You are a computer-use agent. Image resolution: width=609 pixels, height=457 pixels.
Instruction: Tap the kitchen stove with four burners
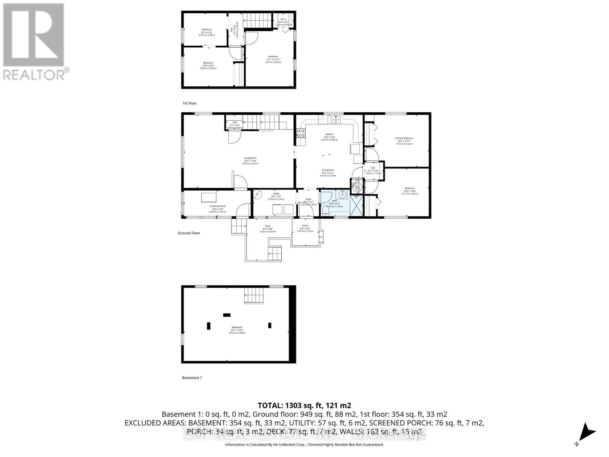click(x=301, y=133)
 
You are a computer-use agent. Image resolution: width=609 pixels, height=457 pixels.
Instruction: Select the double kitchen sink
click(x=335, y=120)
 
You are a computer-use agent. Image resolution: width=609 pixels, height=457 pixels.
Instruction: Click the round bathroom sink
click(x=344, y=195)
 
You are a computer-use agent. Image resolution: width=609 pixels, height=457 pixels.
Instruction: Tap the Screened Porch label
click(x=217, y=208)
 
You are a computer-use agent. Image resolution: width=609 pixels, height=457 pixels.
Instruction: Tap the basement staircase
click(x=254, y=296)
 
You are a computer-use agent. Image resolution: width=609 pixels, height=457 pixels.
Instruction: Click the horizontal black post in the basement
click(x=227, y=315)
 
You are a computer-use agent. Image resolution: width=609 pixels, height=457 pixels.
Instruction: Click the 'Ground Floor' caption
click(x=189, y=233)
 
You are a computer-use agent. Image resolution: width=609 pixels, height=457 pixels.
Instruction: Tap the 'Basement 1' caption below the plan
click(x=192, y=378)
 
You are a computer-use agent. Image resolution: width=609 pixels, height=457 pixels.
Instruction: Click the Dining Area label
click(x=328, y=173)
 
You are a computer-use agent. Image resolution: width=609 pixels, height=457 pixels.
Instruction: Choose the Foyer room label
click(x=308, y=201)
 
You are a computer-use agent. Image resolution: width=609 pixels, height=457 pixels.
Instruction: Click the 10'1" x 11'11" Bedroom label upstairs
click(x=273, y=59)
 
